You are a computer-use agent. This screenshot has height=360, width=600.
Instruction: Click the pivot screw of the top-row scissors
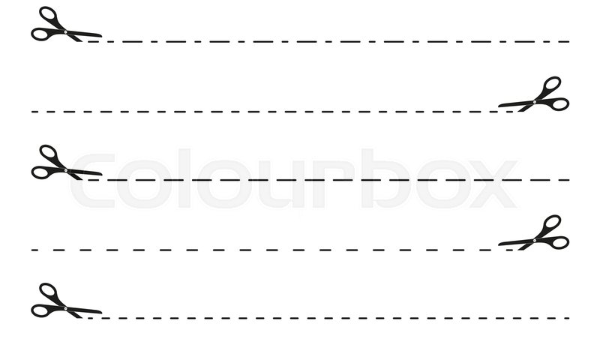coord(65,31)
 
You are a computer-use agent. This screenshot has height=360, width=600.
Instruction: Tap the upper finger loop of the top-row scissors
coord(48,14)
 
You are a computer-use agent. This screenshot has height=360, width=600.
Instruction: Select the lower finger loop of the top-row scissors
coord(40,34)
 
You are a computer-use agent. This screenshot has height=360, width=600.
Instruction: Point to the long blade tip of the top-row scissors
coord(101,36)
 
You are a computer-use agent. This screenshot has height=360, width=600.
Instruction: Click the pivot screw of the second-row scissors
coord(535,102)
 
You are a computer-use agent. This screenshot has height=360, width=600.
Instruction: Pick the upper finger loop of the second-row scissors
coord(552,85)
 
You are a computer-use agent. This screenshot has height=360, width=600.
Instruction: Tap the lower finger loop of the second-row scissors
coord(559,104)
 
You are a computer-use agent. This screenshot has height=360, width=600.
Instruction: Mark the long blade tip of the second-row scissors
coord(499,106)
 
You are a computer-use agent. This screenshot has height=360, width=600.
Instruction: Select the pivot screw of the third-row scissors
coord(66,170)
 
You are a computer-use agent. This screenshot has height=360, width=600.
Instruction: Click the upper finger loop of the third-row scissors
coord(48,153)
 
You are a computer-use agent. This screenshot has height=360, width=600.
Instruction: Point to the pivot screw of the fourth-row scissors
coord(535,240)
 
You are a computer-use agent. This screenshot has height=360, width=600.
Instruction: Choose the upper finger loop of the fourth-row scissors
coord(552,223)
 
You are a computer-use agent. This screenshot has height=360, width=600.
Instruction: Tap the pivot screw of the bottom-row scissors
coord(65,308)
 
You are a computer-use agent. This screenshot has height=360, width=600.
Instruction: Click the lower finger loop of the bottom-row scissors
coord(40,311)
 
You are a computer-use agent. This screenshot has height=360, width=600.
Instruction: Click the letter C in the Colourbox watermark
coord(92,180)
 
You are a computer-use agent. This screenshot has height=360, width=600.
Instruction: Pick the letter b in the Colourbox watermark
coord(385,178)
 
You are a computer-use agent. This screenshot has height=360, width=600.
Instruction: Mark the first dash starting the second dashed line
coord(34,112)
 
